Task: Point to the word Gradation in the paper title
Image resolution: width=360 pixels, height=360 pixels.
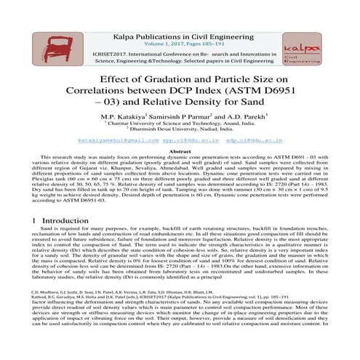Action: [180, 79]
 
